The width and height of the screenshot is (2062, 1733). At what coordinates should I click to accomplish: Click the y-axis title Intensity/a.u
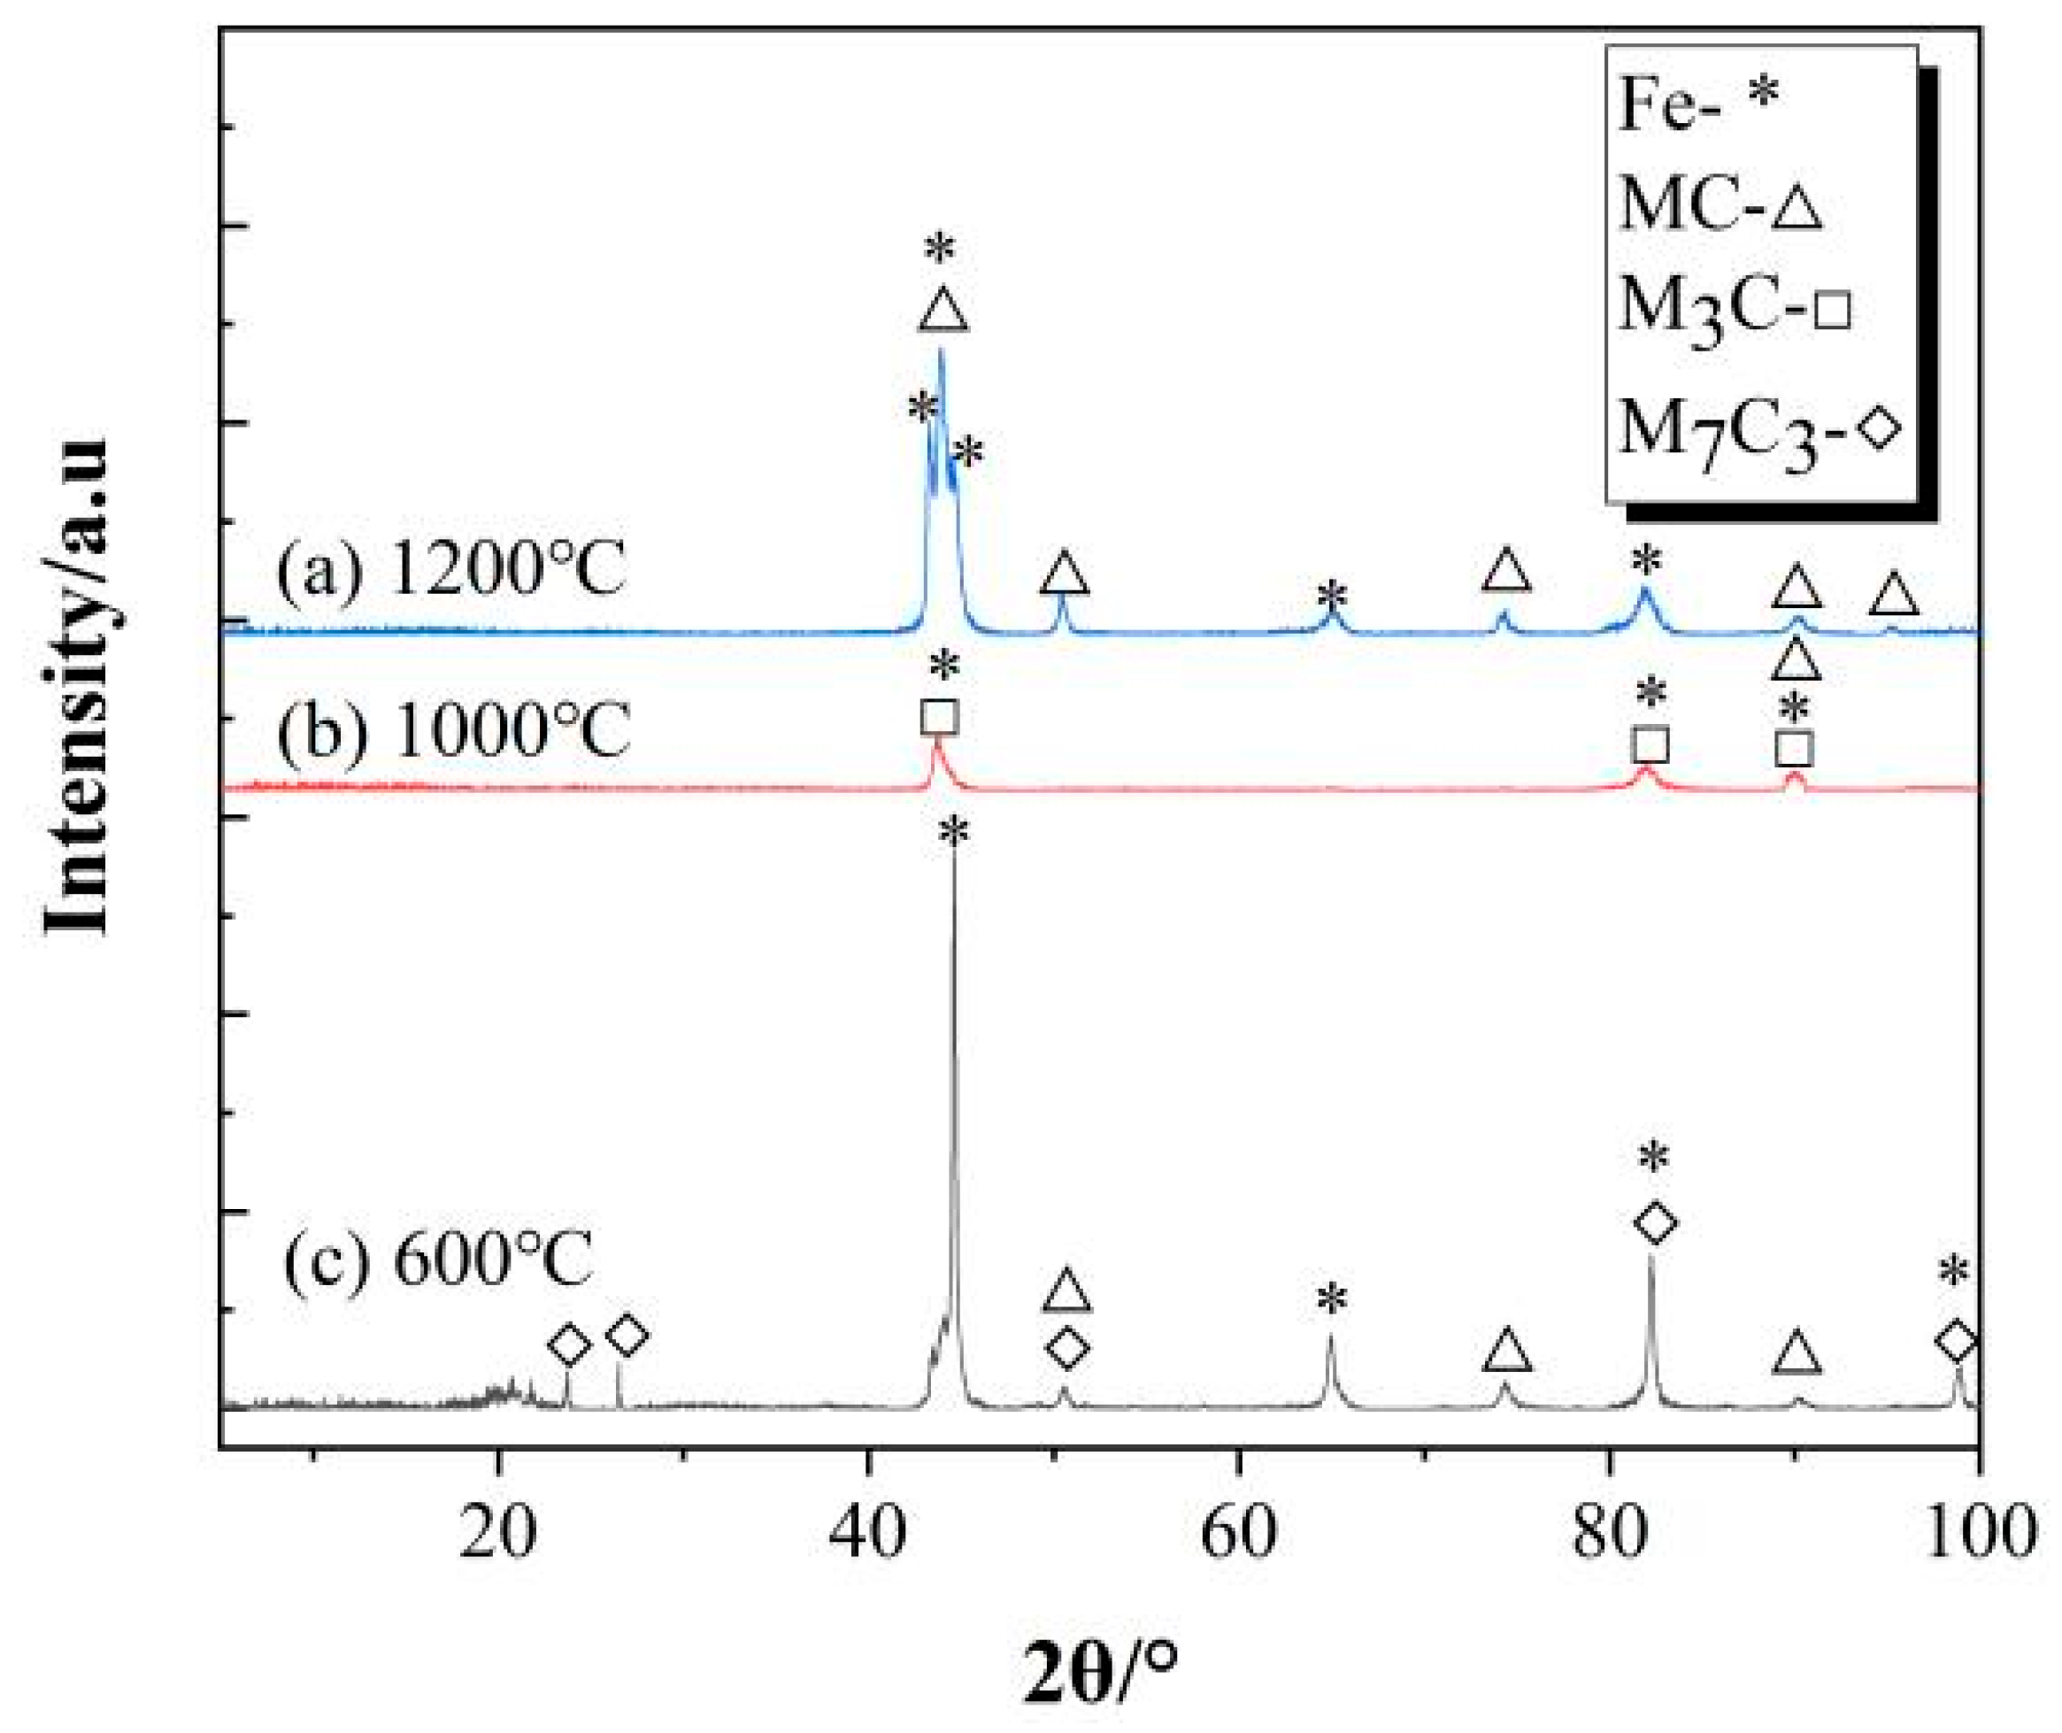(x=79, y=688)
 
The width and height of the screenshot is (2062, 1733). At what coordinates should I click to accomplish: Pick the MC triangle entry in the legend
(x=1720, y=206)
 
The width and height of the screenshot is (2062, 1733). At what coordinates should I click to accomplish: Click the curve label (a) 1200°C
(x=451, y=571)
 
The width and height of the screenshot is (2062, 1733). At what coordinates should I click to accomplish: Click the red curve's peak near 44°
(x=936, y=747)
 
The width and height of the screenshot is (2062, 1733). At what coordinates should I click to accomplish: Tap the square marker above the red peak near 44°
(x=940, y=717)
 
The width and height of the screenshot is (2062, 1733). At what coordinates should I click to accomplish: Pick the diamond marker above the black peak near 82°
(x=1655, y=1222)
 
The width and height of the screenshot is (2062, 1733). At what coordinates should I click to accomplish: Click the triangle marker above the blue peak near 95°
(x=1893, y=597)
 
